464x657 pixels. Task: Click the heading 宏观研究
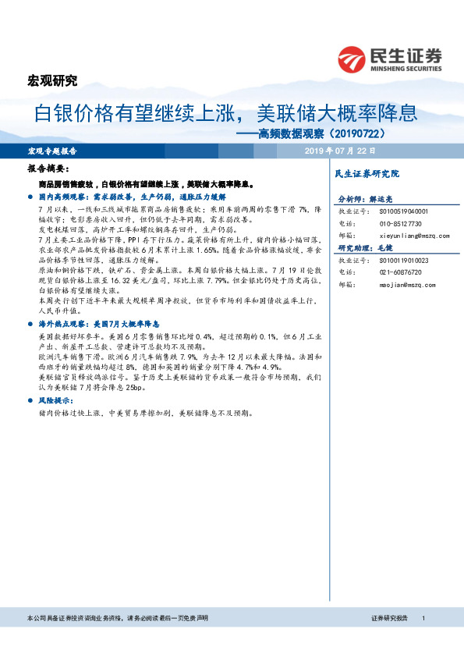pyautogui.click(x=54, y=80)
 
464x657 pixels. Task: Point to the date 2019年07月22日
pyautogui.click(x=340, y=151)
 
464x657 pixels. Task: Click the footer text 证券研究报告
pyautogui.click(x=390, y=618)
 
